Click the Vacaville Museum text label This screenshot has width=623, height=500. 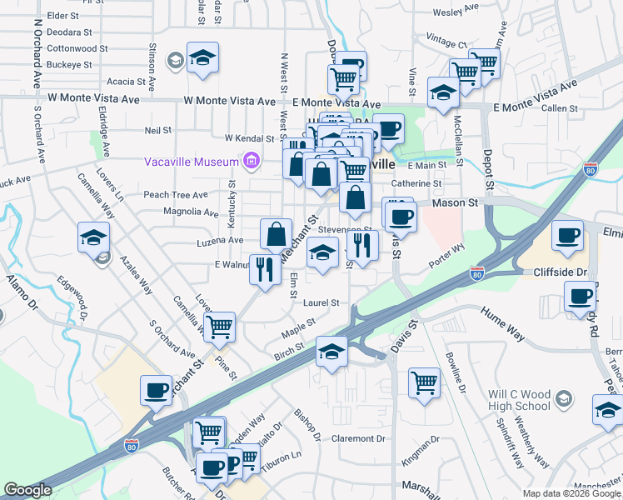tap(191, 162)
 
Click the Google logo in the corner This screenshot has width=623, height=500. tap(27, 490)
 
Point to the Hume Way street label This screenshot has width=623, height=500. tap(503, 323)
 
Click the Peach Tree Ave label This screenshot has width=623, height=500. tap(175, 194)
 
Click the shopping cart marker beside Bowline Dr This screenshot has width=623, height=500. tap(424, 383)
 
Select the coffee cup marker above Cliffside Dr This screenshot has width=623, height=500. tap(567, 234)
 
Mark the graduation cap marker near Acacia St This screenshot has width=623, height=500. tap(202, 57)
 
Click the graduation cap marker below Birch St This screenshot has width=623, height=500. tap(331, 352)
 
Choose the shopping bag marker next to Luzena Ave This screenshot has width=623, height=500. tap(276, 234)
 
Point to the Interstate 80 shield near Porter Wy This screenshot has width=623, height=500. tap(476, 272)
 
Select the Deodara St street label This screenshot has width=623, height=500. tap(70, 32)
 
